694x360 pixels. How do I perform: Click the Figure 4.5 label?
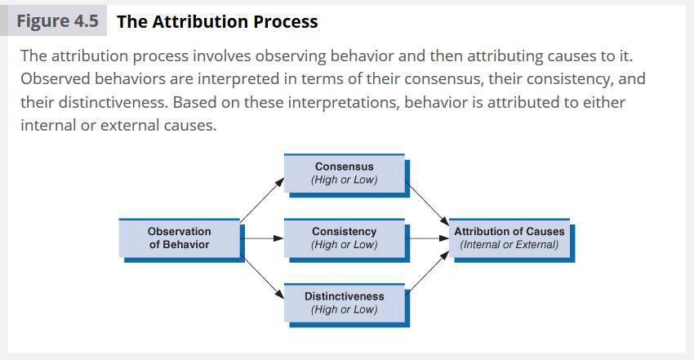(62, 21)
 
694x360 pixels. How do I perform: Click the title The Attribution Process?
(217, 21)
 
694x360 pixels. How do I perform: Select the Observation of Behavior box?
(180, 238)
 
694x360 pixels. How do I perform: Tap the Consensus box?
(345, 173)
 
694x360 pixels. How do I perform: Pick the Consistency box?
(345, 238)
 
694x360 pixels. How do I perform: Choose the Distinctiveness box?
(345, 302)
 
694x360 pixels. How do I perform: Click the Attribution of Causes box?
(509, 238)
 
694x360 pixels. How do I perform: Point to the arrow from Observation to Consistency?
(262, 238)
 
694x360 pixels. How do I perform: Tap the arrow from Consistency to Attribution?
(427, 238)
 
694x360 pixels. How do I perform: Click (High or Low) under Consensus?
(345, 180)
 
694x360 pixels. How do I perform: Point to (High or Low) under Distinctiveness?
(345, 309)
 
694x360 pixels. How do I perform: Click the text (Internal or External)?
(509, 244)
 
